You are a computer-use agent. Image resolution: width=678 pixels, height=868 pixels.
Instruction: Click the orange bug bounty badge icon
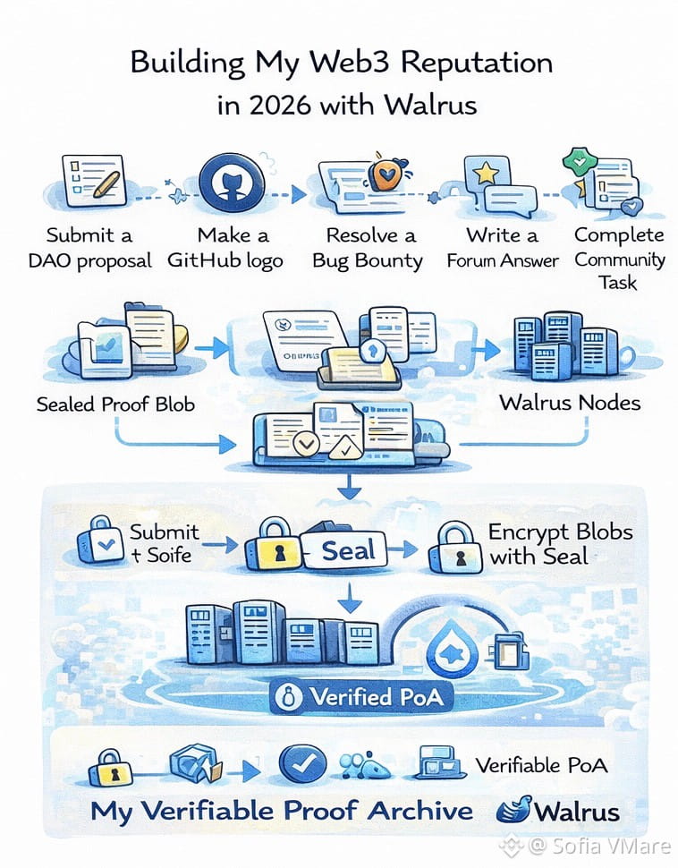(x=384, y=173)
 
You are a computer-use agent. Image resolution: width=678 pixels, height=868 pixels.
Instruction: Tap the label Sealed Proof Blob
(x=115, y=404)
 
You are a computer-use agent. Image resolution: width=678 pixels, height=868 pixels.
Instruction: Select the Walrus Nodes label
(x=570, y=402)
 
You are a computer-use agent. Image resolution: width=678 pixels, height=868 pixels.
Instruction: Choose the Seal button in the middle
(x=348, y=550)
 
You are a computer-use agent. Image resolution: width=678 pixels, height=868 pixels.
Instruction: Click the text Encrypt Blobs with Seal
(x=559, y=544)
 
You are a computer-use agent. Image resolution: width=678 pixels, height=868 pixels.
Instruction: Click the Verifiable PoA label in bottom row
(x=541, y=765)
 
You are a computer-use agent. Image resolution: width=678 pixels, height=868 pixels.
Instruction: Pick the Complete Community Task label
(x=619, y=259)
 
